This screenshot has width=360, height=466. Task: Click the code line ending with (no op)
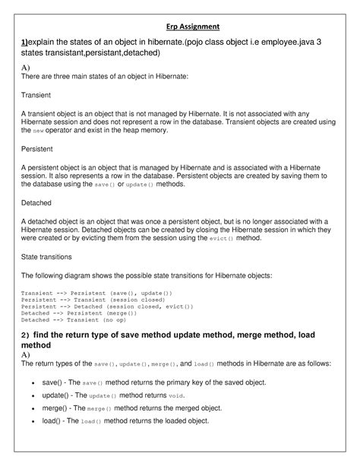click(x=84, y=320)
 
